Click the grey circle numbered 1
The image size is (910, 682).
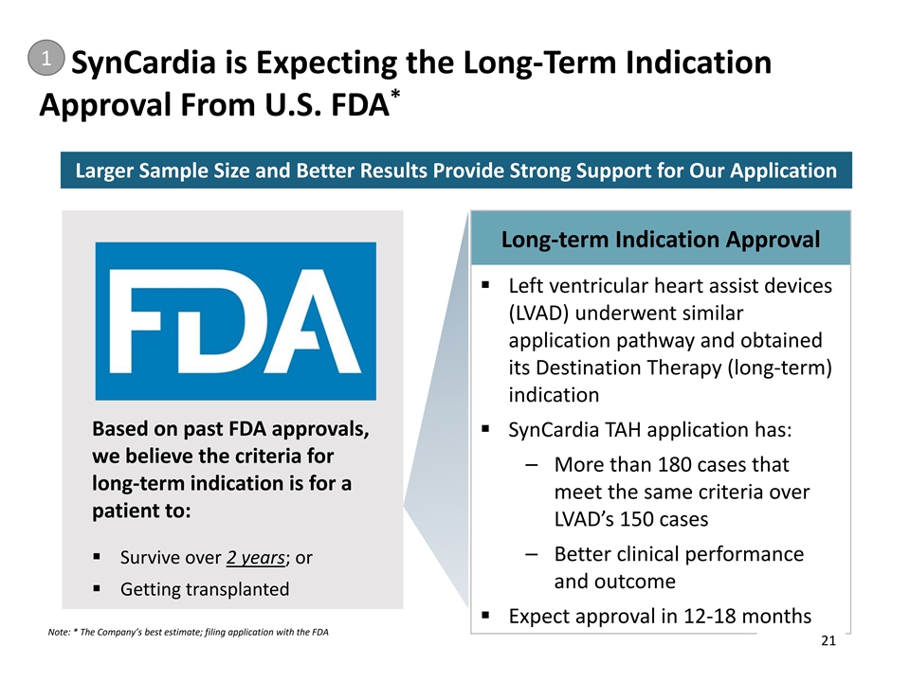click(44, 59)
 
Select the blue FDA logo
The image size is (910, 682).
click(235, 321)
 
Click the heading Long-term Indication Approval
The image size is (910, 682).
click(661, 239)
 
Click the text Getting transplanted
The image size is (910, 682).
click(205, 589)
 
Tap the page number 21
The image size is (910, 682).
click(828, 642)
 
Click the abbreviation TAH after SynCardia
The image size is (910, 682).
click(616, 430)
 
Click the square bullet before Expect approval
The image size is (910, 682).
click(484, 616)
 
